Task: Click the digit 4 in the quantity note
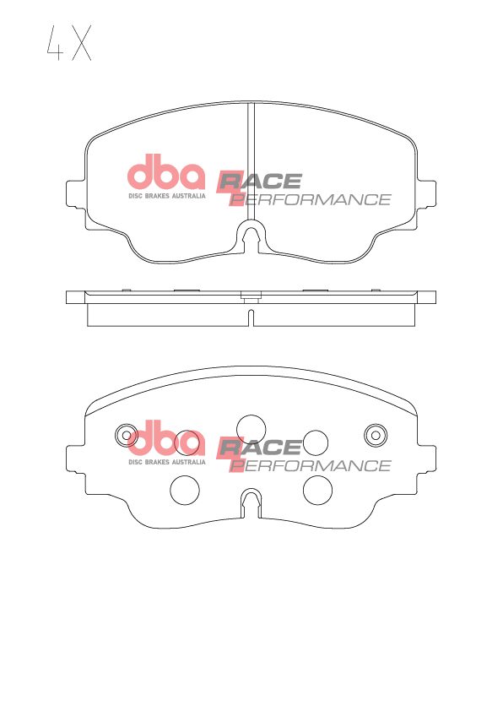pyautogui.click(x=53, y=45)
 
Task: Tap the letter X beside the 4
pyautogui.click(x=81, y=45)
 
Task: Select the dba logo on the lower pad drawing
pyautogui.click(x=166, y=438)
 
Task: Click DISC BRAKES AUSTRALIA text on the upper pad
pyautogui.click(x=166, y=196)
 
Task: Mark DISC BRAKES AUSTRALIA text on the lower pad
pyautogui.click(x=166, y=462)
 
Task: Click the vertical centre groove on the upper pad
pyautogui.click(x=251, y=160)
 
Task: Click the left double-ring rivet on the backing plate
pyautogui.click(x=127, y=435)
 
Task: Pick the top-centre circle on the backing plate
pyautogui.click(x=251, y=427)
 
